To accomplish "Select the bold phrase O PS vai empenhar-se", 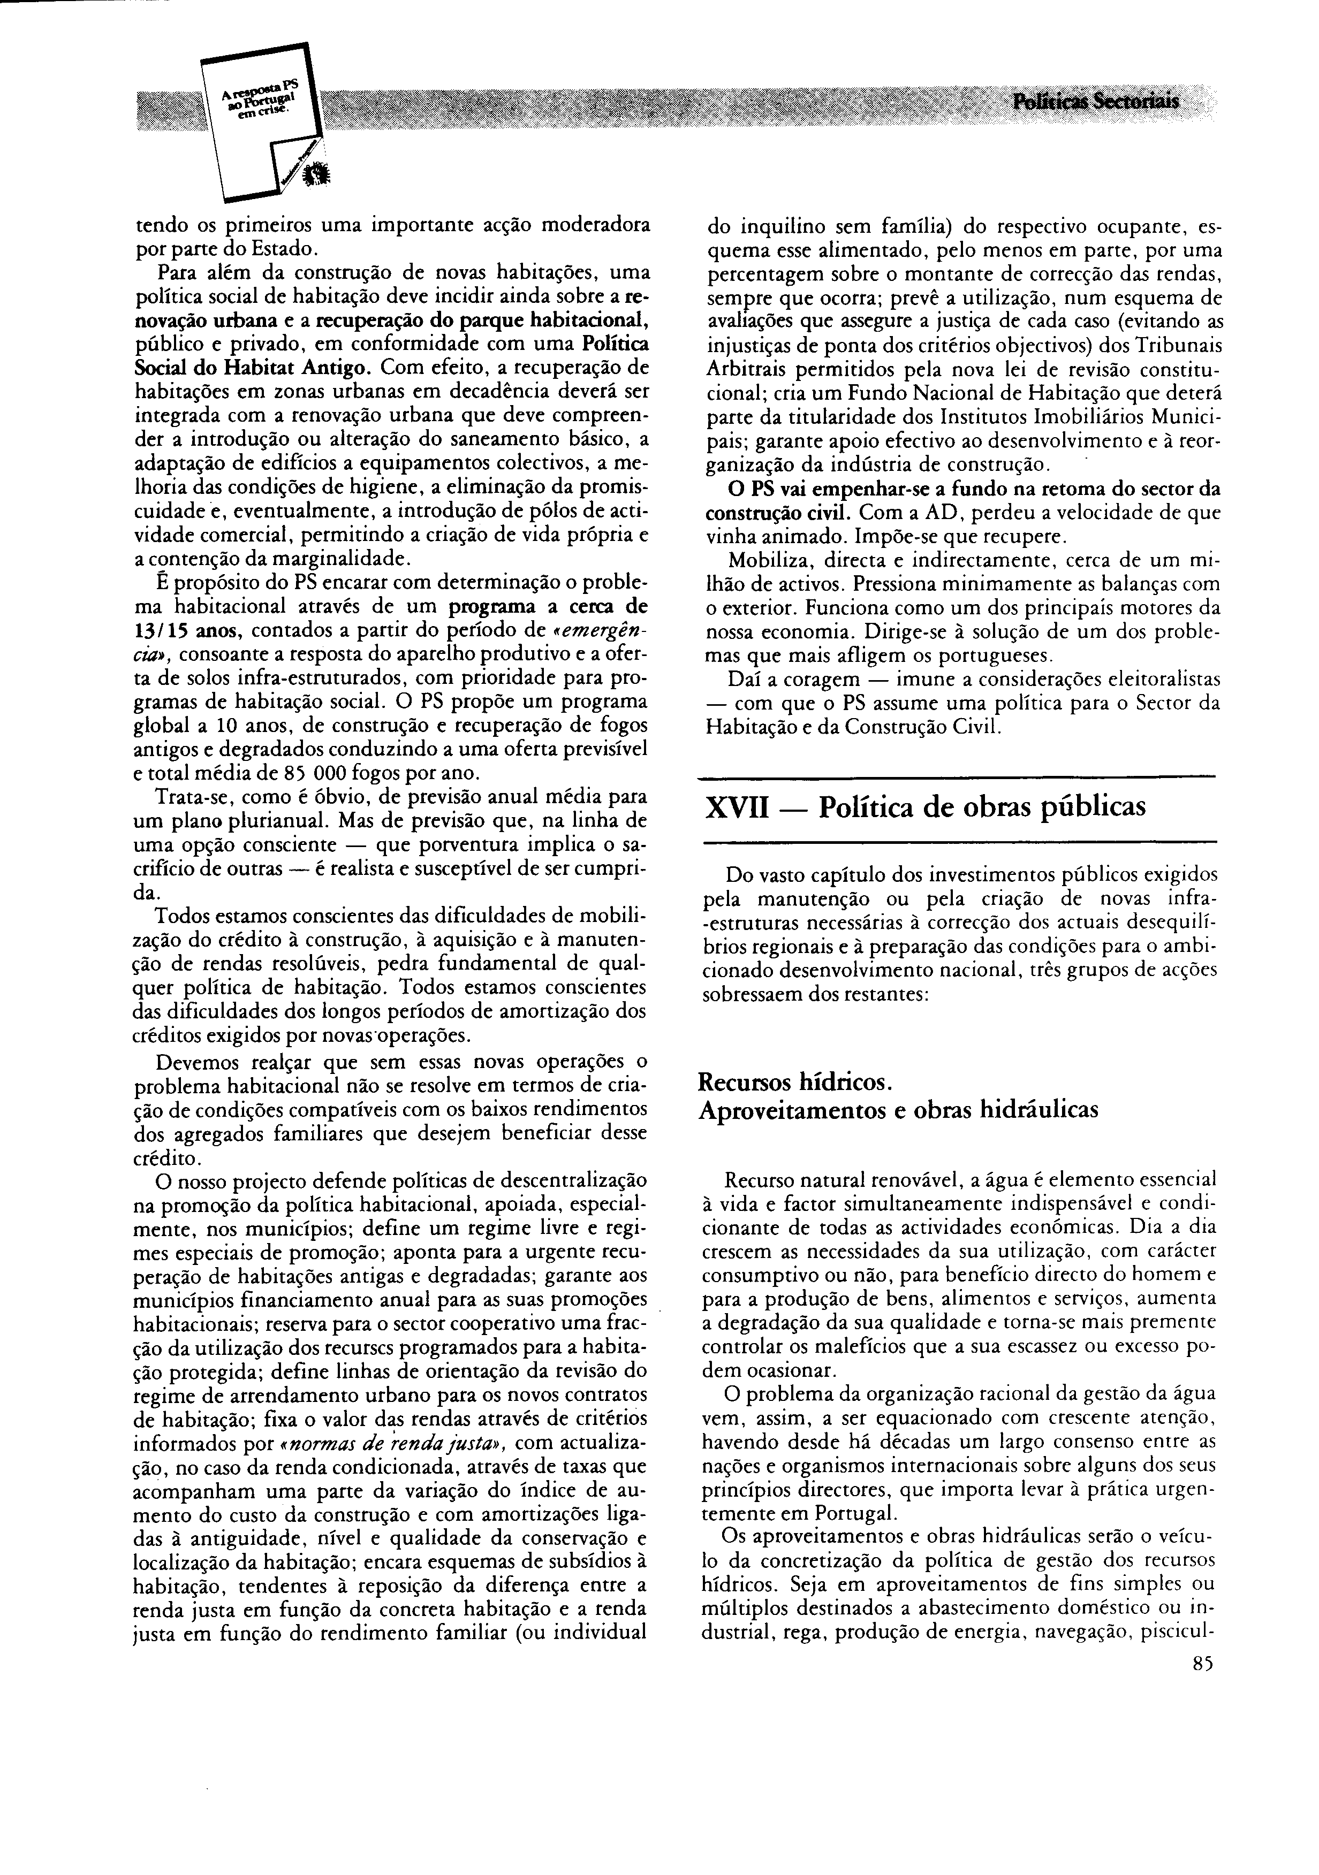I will pos(833,490).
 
